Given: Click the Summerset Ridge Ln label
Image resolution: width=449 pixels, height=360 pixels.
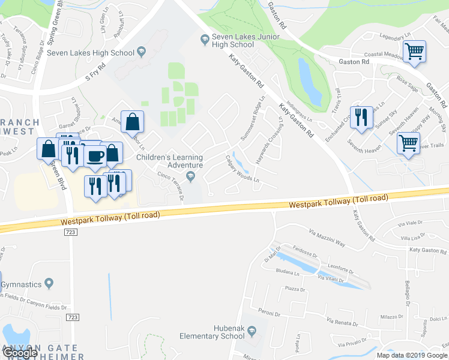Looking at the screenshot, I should tap(252, 118).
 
